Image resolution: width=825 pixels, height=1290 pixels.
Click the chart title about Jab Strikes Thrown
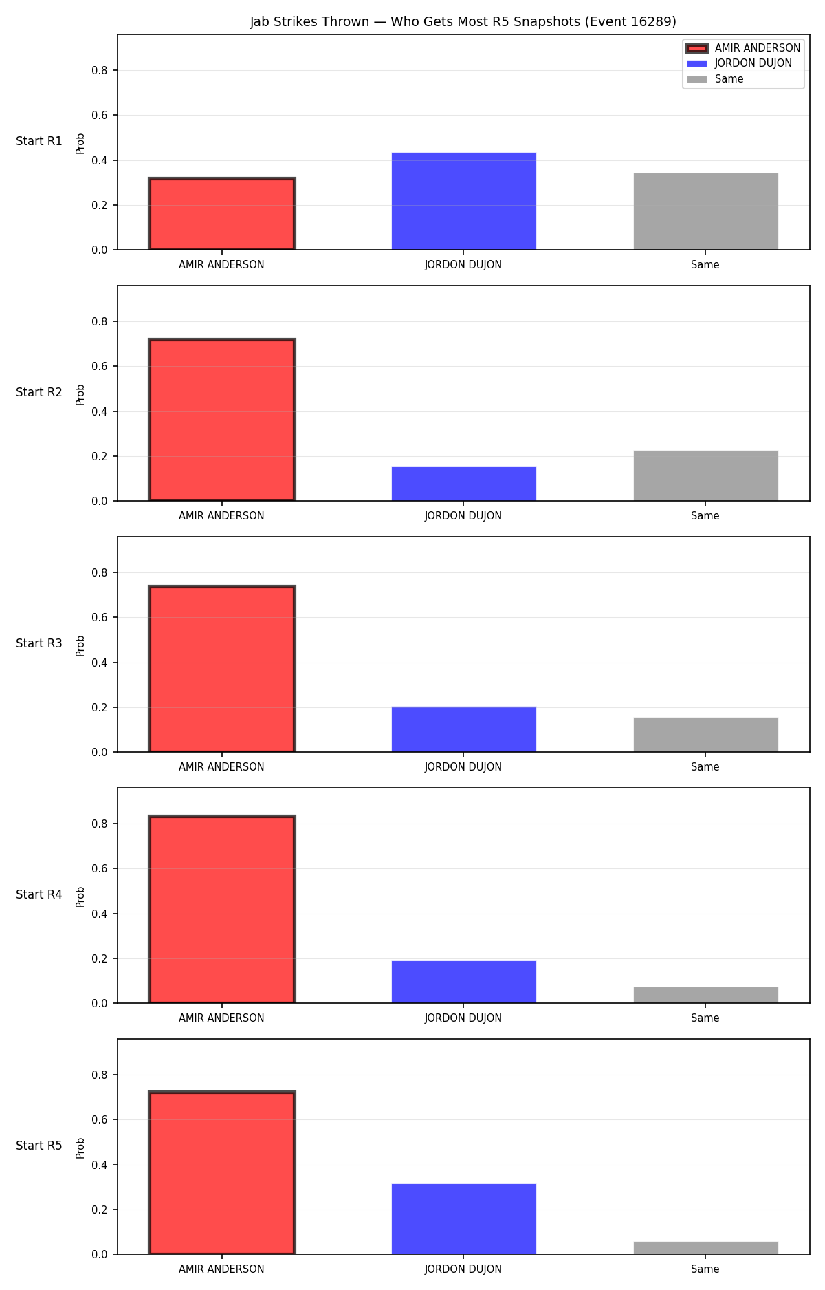pyautogui.click(x=463, y=22)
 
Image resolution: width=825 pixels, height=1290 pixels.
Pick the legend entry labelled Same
pyautogui.click(x=715, y=79)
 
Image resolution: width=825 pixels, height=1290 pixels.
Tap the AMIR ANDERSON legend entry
pyautogui.click(x=743, y=48)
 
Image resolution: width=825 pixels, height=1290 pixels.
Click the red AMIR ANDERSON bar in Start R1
pyautogui.click(x=221, y=214)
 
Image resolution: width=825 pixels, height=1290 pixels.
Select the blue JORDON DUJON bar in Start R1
pyautogui.click(x=463, y=201)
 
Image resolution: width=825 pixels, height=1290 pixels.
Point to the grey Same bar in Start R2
pyautogui.click(x=705, y=475)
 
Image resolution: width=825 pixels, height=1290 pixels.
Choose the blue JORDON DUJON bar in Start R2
pyautogui.click(x=463, y=484)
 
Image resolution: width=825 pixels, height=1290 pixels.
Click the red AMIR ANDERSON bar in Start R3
pyautogui.click(x=221, y=669)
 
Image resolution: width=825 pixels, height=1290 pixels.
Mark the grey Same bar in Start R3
pyautogui.click(x=705, y=735)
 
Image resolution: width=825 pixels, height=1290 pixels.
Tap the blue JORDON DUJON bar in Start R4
pyautogui.click(x=463, y=982)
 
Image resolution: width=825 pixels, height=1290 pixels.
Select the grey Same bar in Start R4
pyautogui.click(x=705, y=995)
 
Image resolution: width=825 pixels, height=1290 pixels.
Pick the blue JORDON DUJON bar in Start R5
pyautogui.click(x=463, y=1219)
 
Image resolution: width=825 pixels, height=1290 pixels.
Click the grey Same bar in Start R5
pyautogui.click(x=705, y=1248)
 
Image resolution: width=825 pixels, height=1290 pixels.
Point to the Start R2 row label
pyautogui.click(x=39, y=392)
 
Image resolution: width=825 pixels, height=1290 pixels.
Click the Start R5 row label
pyautogui.click(x=39, y=1146)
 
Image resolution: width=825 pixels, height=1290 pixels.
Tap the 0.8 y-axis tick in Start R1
pyautogui.click(x=100, y=70)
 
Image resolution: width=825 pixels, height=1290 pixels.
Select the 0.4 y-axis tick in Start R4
pyautogui.click(x=100, y=914)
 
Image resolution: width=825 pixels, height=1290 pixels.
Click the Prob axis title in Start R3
pyautogui.click(x=80, y=645)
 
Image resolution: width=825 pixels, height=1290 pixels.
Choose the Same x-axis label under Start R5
pyautogui.click(x=705, y=1269)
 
